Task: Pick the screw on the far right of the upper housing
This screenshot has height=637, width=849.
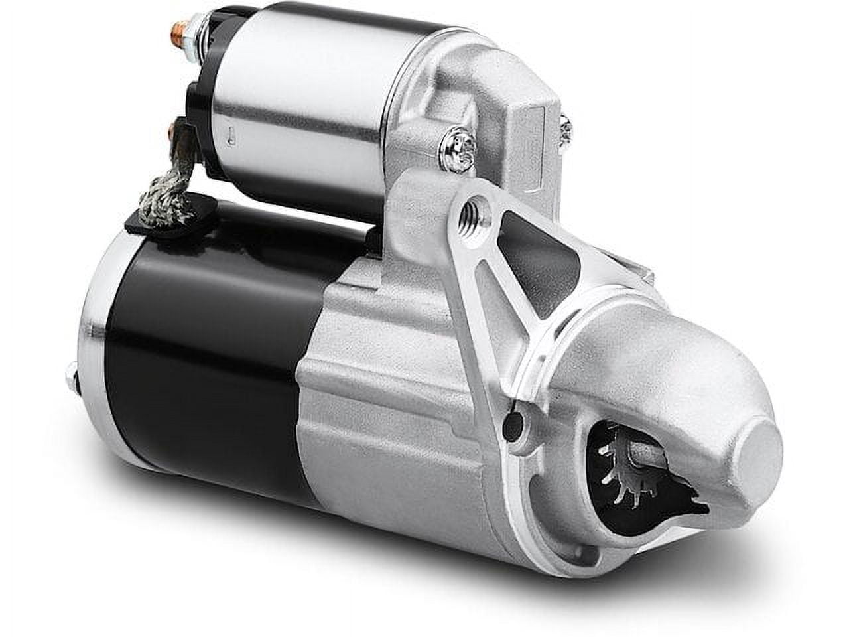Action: (566, 130)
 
